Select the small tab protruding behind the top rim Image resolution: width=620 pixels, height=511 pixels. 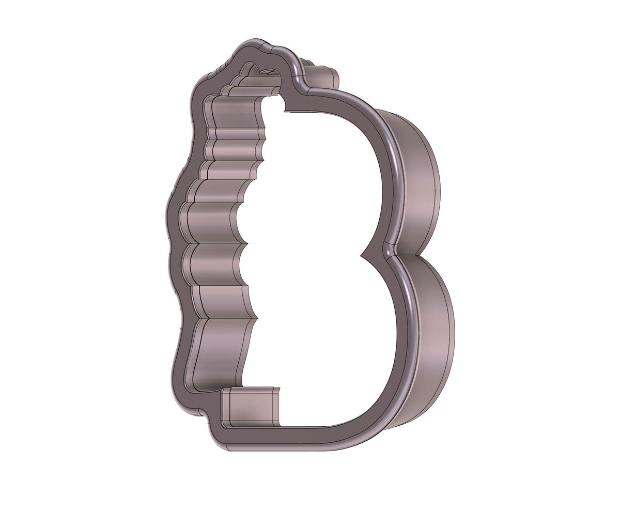tap(323, 77)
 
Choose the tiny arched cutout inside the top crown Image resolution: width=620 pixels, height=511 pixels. tap(250, 69)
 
